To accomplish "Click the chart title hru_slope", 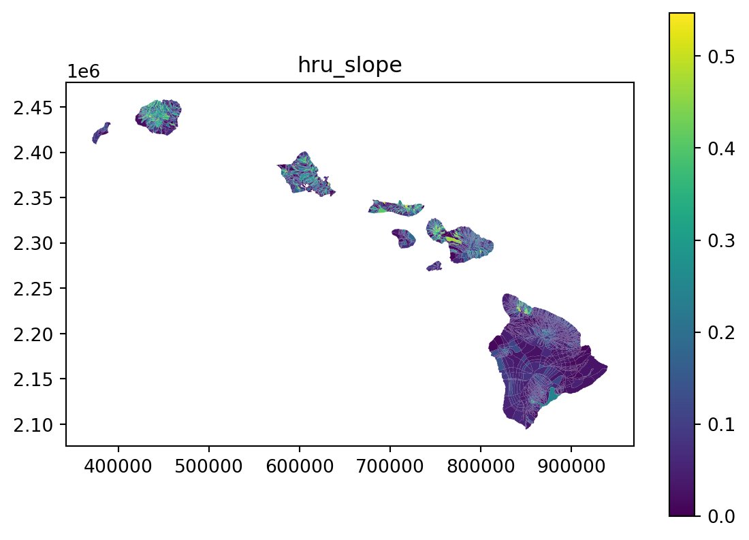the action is pos(350,65).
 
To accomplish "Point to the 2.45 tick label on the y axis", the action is pos(33,108).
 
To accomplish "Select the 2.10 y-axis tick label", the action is pos(33,425).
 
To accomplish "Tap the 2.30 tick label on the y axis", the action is pos(33,244).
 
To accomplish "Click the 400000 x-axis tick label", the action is pos(118,465).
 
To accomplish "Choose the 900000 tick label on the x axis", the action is pos(571,465).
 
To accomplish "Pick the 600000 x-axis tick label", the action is pos(300,465).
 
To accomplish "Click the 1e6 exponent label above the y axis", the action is pos(83,72).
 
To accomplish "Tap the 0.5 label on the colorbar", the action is pos(721,57).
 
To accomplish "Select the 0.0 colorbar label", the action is pos(721,516).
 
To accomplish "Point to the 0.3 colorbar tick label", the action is pos(721,240).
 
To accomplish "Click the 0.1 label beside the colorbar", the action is pos(721,424).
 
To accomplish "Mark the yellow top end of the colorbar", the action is pos(682,14).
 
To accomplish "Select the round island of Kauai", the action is pos(159,117).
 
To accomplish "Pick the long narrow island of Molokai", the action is pos(396,208).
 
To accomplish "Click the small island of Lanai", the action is pos(404,238).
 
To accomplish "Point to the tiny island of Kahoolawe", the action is pos(434,267).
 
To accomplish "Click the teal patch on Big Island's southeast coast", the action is pos(552,396).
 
